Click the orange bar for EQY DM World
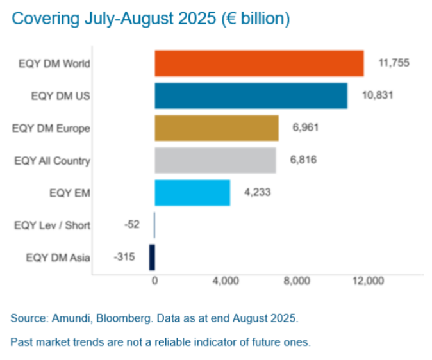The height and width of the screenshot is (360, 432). (x=259, y=63)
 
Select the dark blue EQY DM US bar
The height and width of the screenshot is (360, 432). (x=251, y=95)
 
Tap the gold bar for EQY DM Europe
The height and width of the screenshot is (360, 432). (x=217, y=128)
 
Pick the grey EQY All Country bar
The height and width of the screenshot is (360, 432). (x=215, y=160)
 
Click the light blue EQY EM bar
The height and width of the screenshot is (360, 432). (x=192, y=193)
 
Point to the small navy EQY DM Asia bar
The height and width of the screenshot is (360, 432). (x=152, y=258)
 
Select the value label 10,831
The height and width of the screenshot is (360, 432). (x=375, y=95)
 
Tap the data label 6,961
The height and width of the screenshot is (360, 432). (x=305, y=128)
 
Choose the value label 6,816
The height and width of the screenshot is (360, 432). (x=303, y=160)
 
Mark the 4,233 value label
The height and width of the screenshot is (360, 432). (x=257, y=193)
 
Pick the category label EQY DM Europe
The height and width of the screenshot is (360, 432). (x=51, y=128)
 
